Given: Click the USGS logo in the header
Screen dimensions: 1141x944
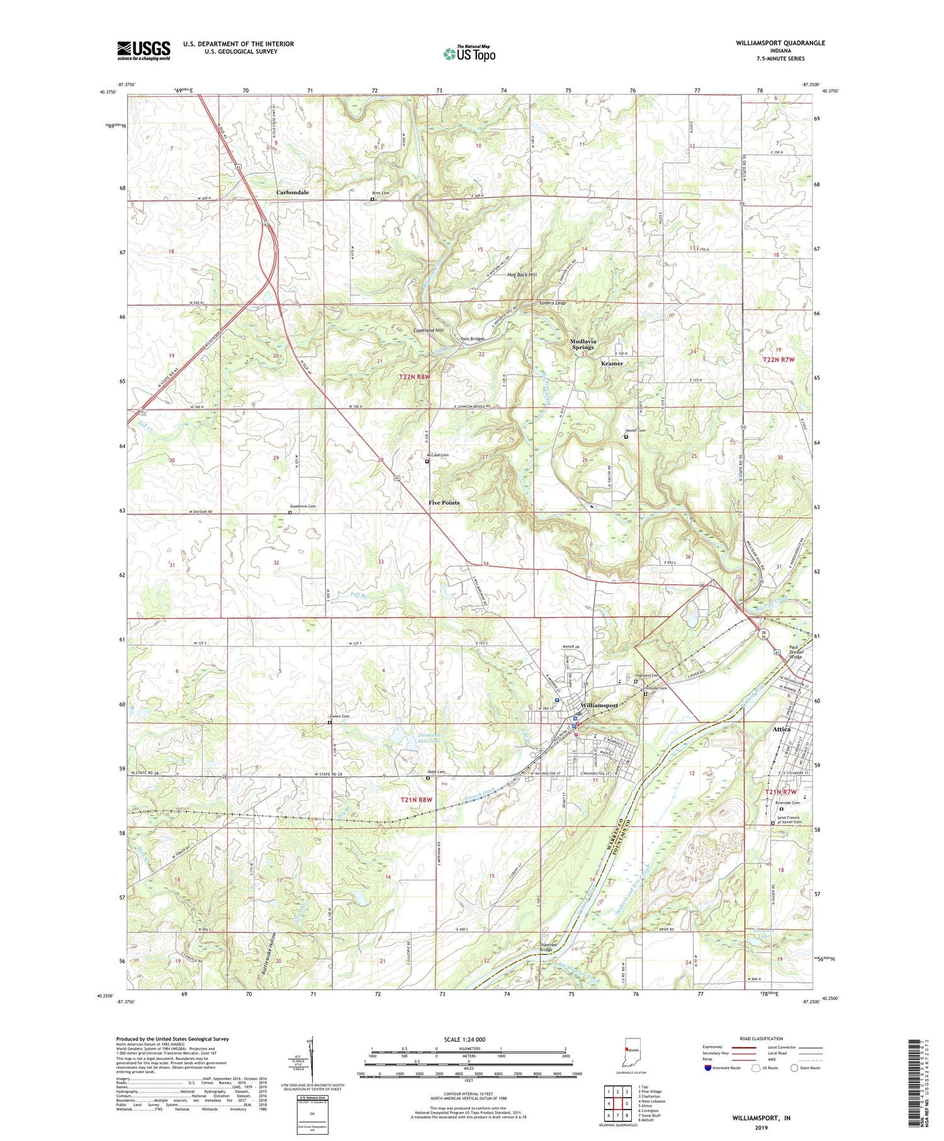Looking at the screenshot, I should (143, 50).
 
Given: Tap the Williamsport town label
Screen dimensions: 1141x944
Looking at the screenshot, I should (600, 705).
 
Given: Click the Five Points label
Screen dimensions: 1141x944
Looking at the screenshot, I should (444, 503).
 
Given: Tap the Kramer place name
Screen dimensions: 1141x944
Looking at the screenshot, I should (612, 363).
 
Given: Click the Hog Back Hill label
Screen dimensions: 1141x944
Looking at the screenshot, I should (522, 275).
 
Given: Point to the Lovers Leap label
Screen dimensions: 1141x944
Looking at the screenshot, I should (553, 303).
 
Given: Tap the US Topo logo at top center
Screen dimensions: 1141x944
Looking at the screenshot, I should (469, 53).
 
